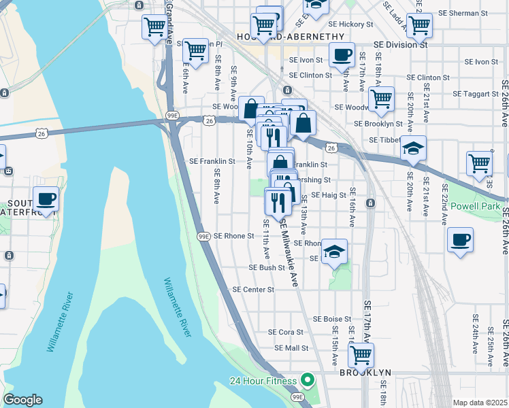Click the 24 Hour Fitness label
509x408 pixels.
click(x=263, y=380)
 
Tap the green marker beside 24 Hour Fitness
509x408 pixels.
click(x=307, y=380)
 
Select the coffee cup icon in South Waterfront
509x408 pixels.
click(x=46, y=199)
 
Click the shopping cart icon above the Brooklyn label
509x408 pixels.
click(x=361, y=354)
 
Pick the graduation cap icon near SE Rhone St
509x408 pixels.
click(x=334, y=251)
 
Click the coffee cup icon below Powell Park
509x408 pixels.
click(x=461, y=239)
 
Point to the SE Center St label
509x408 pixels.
click(x=252, y=289)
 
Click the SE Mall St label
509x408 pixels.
click(x=291, y=347)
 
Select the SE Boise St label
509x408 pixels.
click(x=331, y=318)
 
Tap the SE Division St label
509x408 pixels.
click(x=400, y=45)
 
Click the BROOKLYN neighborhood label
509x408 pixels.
click(x=365, y=373)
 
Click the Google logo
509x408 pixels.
click(x=22, y=399)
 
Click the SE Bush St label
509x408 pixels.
click(x=266, y=268)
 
